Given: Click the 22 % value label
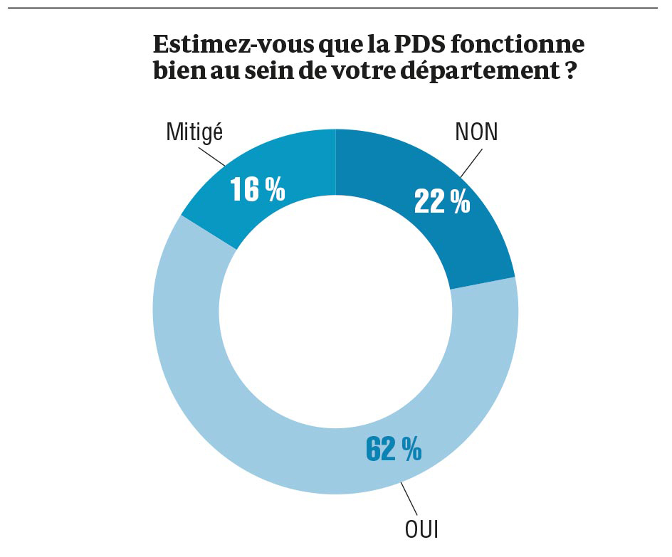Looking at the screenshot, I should (x=442, y=202).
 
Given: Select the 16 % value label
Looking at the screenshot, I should (x=257, y=190).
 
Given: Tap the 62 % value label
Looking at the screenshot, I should (x=394, y=448).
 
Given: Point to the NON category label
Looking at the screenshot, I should (x=476, y=133).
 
